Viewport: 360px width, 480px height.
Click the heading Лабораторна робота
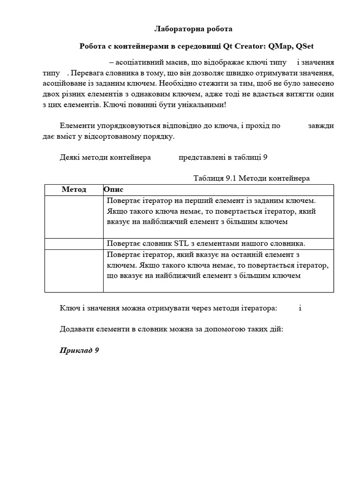coord(193,29)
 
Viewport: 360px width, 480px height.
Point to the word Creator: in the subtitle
coord(247,46)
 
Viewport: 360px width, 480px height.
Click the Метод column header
coord(74,189)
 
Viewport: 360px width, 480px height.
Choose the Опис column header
coord(113,189)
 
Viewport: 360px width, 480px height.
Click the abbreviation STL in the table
coord(181,244)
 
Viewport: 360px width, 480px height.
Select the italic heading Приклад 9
coord(79,350)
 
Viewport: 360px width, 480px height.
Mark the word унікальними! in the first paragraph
coord(204,104)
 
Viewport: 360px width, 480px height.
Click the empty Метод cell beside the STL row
coord(74,244)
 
